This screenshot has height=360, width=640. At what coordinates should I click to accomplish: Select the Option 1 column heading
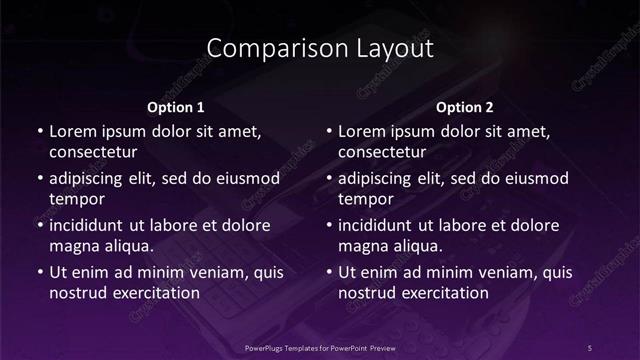pos(175,106)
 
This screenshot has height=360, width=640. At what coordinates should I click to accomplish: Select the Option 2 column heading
pos(465,106)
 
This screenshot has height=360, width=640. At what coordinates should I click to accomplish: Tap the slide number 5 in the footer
pos(590,347)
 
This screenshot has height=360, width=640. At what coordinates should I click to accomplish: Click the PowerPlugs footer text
pos(319,347)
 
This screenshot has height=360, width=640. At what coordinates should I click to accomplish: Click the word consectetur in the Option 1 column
pos(93,153)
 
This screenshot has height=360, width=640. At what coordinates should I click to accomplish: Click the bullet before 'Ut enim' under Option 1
pos(39,272)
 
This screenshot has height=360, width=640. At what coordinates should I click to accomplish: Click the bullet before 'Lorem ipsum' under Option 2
pos(329,131)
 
